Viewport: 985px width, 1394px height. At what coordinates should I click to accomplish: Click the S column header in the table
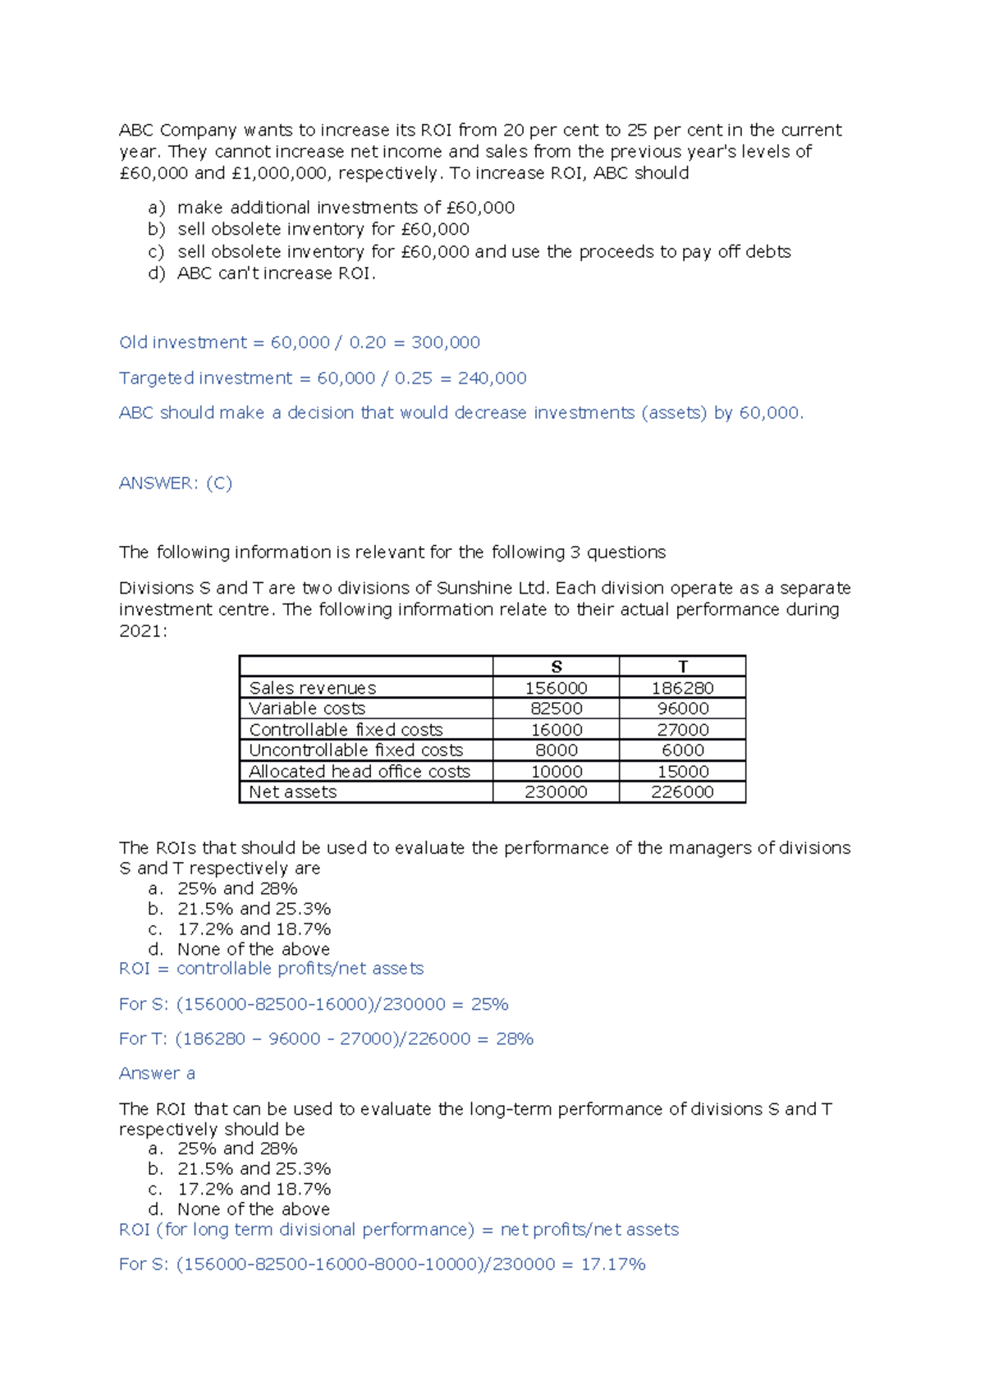[556, 667]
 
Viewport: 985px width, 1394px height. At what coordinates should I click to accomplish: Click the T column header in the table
[682, 667]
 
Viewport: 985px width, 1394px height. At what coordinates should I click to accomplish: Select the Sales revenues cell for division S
[556, 688]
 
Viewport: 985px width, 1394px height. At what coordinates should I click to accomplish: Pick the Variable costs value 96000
[682, 708]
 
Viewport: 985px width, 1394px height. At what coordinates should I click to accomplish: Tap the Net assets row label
[292, 792]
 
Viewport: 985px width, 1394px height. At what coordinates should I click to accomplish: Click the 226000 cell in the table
[682, 792]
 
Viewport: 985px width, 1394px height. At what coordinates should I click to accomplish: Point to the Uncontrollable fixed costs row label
[355, 750]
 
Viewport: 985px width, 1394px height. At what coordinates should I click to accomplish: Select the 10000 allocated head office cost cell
[556, 772]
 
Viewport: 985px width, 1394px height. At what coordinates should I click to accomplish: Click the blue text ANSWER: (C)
[176, 483]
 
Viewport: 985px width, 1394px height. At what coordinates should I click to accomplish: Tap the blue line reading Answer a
[157, 1074]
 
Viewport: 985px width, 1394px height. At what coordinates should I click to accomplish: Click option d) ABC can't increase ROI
[276, 273]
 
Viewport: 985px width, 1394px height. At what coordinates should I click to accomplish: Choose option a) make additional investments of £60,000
[346, 208]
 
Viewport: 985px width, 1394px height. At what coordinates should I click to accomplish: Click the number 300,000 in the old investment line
[446, 342]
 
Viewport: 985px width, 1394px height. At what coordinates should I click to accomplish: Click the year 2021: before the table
[143, 631]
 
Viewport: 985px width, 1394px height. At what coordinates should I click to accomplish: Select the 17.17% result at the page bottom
[613, 1264]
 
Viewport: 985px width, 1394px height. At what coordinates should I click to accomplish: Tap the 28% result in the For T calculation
[515, 1039]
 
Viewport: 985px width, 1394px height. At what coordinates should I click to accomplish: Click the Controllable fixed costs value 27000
[682, 730]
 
